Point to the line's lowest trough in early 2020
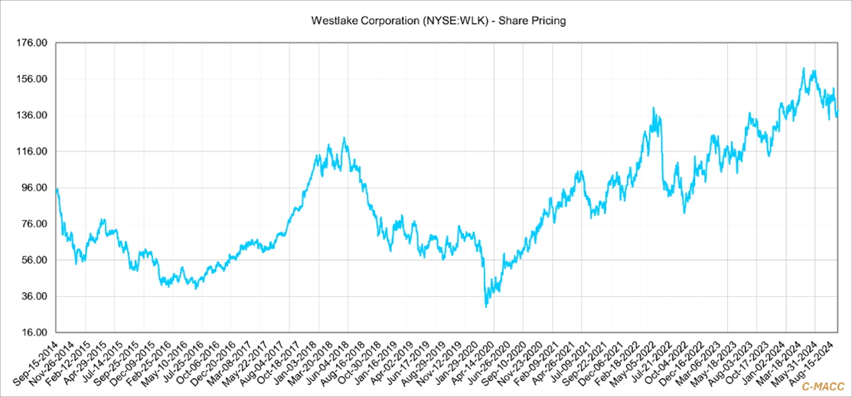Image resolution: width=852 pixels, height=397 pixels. coord(486,307)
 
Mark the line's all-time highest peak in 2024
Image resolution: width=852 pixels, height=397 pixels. coord(803,68)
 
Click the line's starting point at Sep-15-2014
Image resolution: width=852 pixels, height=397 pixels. coord(57,189)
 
